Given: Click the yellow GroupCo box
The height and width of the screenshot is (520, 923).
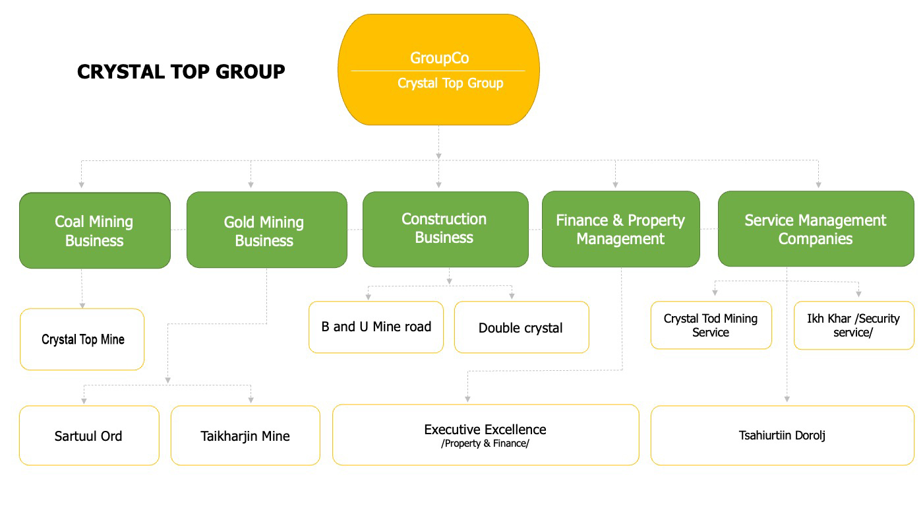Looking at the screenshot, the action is [x=438, y=70].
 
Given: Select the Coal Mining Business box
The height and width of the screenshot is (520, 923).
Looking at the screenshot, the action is [x=95, y=230].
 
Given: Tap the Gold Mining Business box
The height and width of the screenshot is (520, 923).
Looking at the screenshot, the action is [x=266, y=230].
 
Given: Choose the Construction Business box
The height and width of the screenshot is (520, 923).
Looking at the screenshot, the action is [x=446, y=229].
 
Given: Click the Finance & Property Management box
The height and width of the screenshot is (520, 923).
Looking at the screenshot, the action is [x=620, y=229].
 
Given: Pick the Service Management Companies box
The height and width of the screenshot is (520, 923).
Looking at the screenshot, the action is [x=816, y=229].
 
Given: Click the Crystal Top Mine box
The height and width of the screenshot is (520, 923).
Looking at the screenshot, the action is [x=82, y=339].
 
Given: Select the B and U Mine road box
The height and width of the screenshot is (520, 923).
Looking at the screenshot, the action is [x=376, y=327].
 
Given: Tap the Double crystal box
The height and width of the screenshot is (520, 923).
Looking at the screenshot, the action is [x=521, y=327].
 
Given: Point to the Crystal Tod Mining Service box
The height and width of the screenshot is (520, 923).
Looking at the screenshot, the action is [x=711, y=325].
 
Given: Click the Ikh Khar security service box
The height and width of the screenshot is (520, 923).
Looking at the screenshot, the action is [x=853, y=325].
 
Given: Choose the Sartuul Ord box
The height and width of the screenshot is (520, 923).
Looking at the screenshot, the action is [x=89, y=436].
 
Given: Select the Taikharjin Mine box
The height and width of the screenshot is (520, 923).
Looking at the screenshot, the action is [x=245, y=436].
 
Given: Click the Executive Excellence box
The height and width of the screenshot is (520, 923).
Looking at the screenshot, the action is [x=485, y=435].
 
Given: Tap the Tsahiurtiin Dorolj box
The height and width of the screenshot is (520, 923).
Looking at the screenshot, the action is [x=782, y=436].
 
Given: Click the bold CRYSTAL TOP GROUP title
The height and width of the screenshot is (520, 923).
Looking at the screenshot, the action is [x=181, y=72].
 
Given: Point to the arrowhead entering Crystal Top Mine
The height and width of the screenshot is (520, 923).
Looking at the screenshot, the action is [x=82, y=306].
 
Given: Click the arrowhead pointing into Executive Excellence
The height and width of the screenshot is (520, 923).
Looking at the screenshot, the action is [x=467, y=399].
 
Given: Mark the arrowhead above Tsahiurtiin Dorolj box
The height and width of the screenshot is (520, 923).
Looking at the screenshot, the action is [x=787, y=399].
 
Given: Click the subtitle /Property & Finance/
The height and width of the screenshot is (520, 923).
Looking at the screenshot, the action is [x=485, y=443].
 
